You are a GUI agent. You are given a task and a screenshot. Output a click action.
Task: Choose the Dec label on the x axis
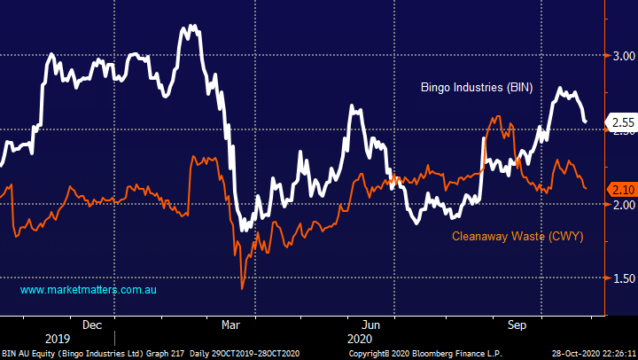click(92, 325)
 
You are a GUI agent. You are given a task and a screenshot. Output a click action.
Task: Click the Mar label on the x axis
click(230, 325)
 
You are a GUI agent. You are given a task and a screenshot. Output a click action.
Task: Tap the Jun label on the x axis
click(371, 325)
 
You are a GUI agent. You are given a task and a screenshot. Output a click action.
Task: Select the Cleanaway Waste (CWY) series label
click(517, 236)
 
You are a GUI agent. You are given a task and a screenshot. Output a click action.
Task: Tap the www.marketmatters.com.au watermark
click(89, 290)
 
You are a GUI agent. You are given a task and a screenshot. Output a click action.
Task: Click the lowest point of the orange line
click(242, 287)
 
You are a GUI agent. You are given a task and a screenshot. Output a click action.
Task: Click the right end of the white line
click(586, 121)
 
